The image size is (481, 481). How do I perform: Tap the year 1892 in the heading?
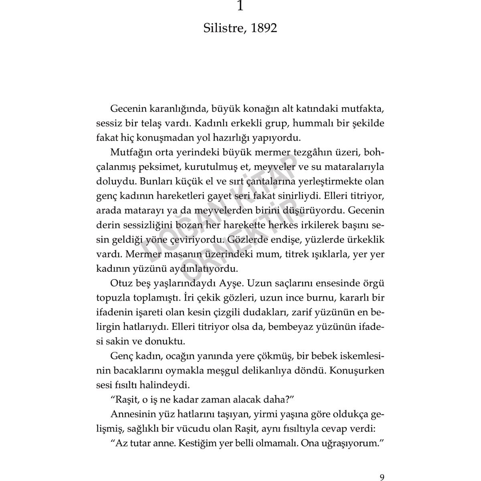point(262,28)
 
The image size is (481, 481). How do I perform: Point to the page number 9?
point(382,466)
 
